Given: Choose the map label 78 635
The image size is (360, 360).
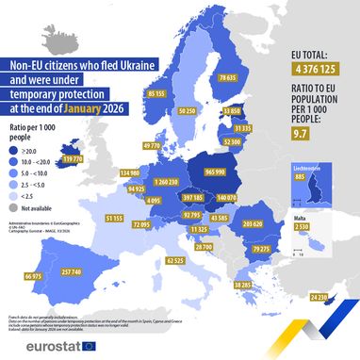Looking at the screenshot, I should (227, 77).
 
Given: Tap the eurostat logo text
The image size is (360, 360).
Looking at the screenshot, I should (42, 345).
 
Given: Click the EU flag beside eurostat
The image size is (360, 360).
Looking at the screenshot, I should (90, 345).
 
